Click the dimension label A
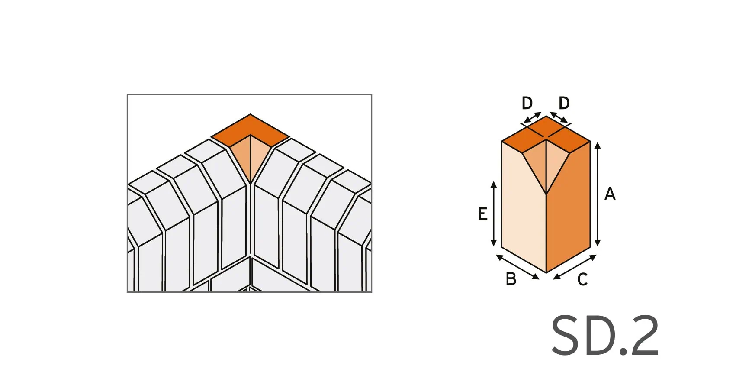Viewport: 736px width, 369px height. coord(610,194)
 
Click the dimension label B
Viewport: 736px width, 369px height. coord(511,279)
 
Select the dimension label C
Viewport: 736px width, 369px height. coord(582,279)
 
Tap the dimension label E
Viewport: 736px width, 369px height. coord(482,214)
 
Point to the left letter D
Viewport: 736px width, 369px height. coord(527,104)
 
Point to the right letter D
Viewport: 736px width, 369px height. coord(564,104)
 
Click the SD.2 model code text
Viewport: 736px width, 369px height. coord(605,336)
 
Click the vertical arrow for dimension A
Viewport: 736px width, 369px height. coord(598,194)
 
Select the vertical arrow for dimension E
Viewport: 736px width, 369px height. coord(494,214)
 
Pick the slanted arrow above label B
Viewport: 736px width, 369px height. coord(517,267)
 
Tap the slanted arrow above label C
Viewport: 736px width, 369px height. coord(575,267)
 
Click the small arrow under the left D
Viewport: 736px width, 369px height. coord(532,117)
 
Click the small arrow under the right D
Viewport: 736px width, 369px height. coord(559,117)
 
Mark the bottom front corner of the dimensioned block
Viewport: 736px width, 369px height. coord(546,272)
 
